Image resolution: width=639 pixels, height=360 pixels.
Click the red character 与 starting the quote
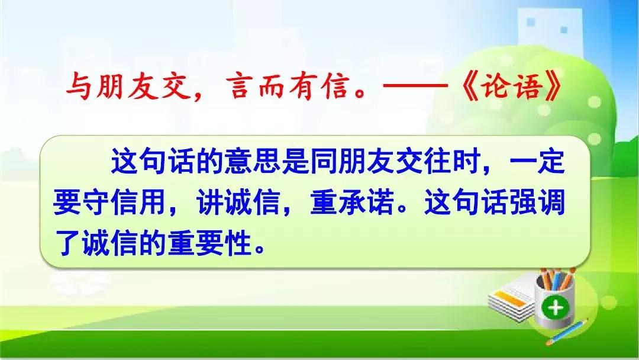(78, 86)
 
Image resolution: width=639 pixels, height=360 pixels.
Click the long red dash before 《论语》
(416, 86)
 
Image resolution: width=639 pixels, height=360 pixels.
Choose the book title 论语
(512, 86)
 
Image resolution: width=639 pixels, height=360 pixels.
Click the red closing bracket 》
(555, 86)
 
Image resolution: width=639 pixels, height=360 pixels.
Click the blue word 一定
(537, 160)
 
